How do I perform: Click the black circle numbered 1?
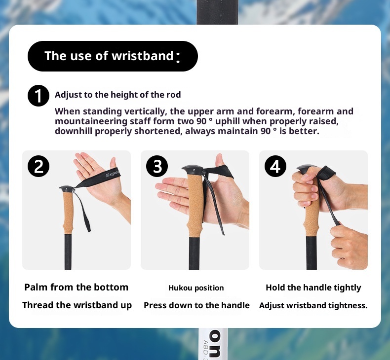click(39, 96)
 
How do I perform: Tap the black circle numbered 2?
click(39, 166)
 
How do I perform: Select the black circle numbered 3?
click(157, 166)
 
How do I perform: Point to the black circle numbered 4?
click(275, 166)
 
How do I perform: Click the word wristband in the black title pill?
click(143, 56)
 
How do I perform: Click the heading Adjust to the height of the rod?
click(117, 95)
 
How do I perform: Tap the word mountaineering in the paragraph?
click(91, 121)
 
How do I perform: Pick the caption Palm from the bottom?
click(77, 287)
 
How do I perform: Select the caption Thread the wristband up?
click(77, 305)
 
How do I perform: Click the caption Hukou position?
click(196, 288)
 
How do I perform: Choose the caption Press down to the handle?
click(196, 305)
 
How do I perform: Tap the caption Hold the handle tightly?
click(313, 288)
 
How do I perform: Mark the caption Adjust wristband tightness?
click(313, 305)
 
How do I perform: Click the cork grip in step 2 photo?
click(68, 213)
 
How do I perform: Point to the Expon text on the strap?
click(113, 174)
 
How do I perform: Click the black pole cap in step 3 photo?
click(193, 170)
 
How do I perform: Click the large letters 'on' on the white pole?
click(214, 344)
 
